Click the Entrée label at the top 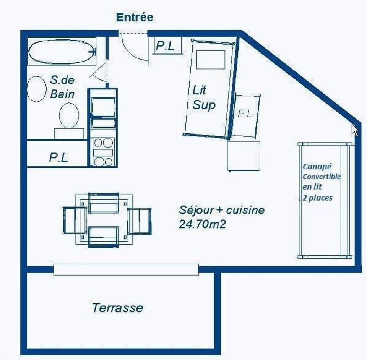(x=134, y=17)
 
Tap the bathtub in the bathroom (x=61, y=52)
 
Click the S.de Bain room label (x=62, y=87)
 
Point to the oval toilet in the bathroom (x=69, y=115)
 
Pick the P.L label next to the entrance (x=165, y=46)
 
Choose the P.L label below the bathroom (x=58, y=157)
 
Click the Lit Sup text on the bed (x=204, y=98)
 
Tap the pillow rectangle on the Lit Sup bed (x=211, y=59)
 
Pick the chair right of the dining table (x=140, y=221)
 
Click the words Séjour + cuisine (x=222, y=210)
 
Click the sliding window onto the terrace (x=126, y=269)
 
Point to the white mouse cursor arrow (x=354, y=130)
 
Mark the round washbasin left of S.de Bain (x=37, y=89)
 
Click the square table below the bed (x=244, y=156)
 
